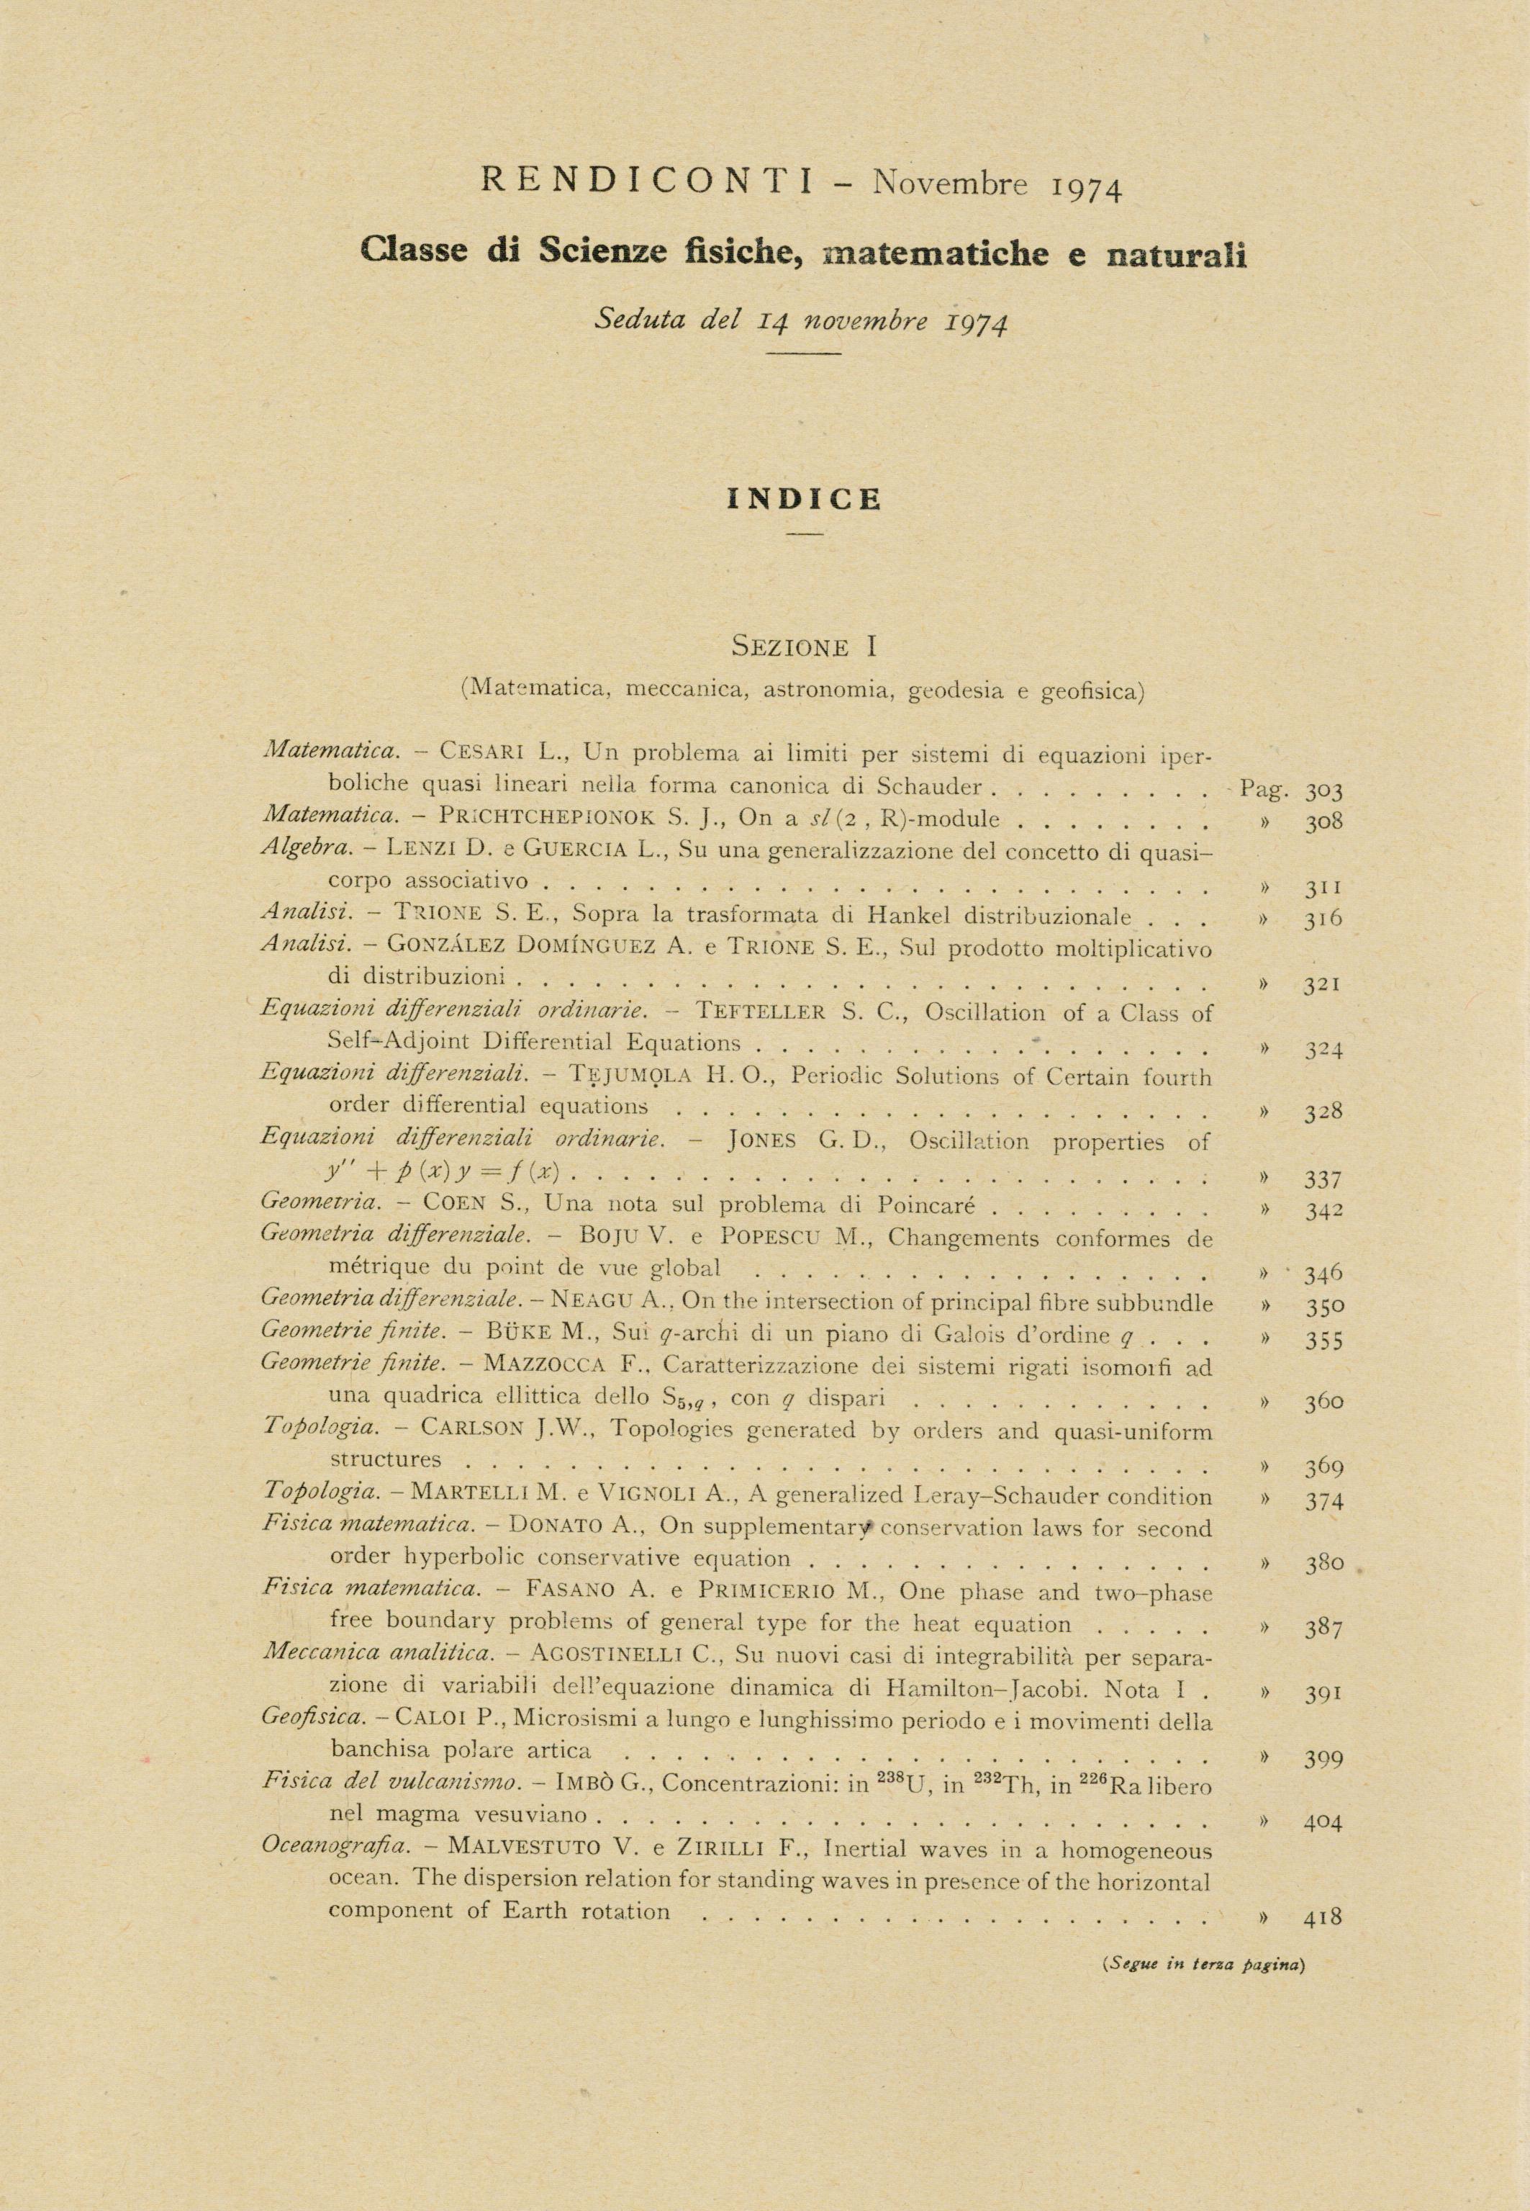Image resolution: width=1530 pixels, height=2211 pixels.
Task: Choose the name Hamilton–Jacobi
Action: pyautogui.click(x=987, y=1687)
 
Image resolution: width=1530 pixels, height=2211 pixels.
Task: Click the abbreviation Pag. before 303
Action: pyautogui.click(x=1264, y=789)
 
